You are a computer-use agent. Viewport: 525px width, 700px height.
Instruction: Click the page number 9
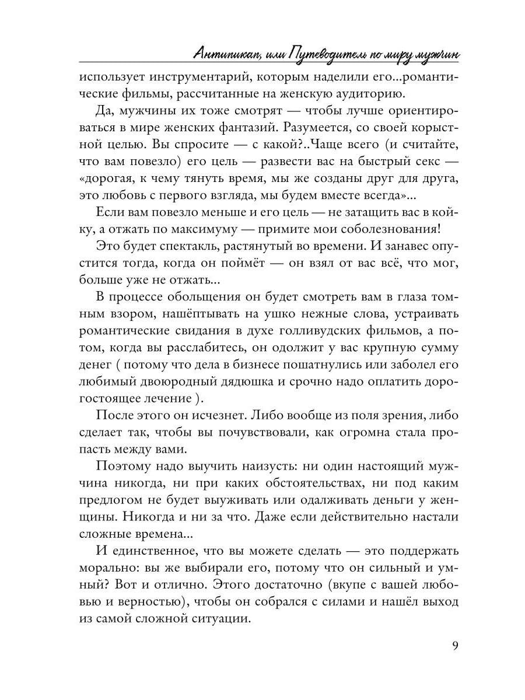455,646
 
